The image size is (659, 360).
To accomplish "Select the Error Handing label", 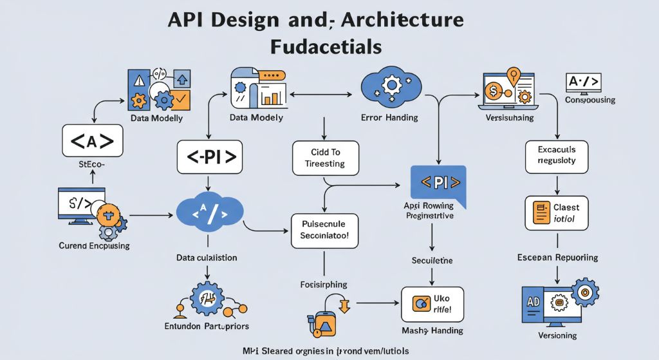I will click(389, 118).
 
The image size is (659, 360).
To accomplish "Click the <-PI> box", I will click(210, 157).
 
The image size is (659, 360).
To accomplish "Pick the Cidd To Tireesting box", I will click(325, 158).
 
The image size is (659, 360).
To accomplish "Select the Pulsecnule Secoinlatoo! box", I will click(325, 231).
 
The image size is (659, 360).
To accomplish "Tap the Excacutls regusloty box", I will click(557, 156).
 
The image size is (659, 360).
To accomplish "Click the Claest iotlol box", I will click(557, 213).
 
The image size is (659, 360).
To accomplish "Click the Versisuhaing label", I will click(507, 119).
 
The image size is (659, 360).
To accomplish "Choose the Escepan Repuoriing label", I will click(557, 258).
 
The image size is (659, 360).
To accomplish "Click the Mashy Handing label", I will click(432, 331).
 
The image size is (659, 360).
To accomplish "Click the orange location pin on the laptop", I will click(513, 76).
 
